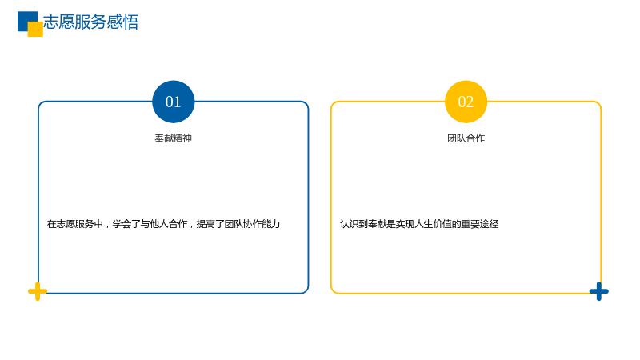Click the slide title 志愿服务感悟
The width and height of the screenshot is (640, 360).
click(x=91, y=22)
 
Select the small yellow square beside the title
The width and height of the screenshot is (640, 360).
click(x=35, y=29)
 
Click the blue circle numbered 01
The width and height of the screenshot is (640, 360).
click(x=174, y=102)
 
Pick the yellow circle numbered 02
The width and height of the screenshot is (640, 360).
click(x=466, y=102)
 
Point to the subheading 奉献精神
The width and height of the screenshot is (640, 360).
click(x=174, y=138)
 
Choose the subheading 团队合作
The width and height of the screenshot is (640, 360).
click(x=466, y=138)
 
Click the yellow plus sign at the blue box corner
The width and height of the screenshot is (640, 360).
click(x=38, y=291)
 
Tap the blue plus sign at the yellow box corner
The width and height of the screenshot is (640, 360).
click(x=599, y=291)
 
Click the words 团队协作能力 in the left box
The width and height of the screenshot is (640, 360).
click(x=252, y=224)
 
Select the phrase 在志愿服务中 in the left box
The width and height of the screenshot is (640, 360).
click(x=75, y=224)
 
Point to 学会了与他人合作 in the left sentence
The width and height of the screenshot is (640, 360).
click(x=150, y=224)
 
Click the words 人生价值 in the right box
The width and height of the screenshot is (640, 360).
click(x=433, y=224)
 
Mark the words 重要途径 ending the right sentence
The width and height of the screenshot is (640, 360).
click(x=480, y=224)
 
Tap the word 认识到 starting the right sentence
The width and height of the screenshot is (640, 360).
click(x=354, y=224)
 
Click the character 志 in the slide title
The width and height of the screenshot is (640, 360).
click(x=51, y=22)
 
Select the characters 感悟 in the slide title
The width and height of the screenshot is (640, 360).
click(x=123, y=22)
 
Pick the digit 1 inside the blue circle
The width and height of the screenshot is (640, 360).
click(x=177, y=102)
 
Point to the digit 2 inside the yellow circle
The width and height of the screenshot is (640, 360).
click(x=470, y=102)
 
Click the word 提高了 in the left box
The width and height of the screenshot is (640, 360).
click(x=210, y=224)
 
